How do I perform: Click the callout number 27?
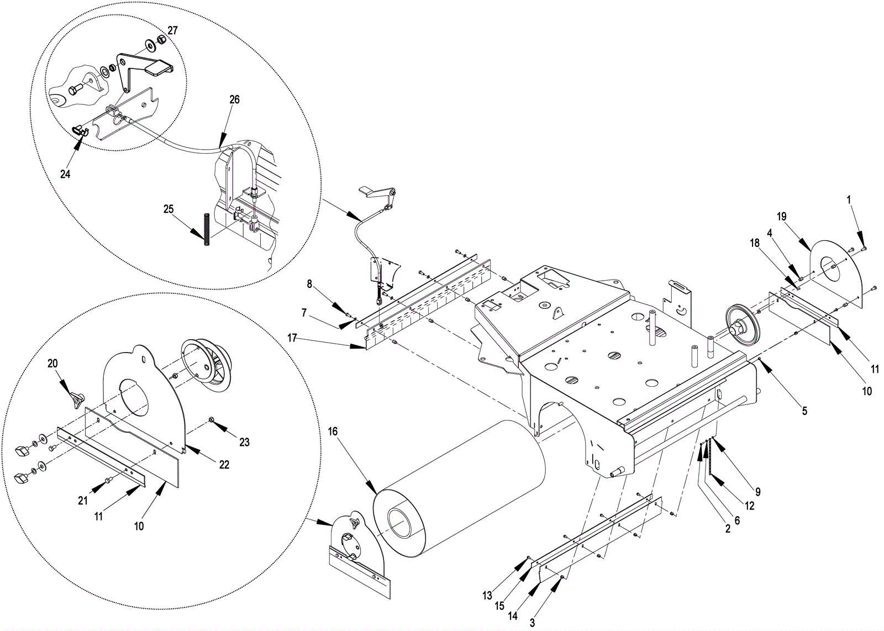[x=173, y=30]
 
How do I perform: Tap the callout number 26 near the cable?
[x=234, y=99]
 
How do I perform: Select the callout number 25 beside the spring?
[x=169, y=209]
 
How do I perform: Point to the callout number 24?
[x=66, y=174]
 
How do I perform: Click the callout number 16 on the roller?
[x=333, y=432]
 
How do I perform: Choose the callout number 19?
[x=781, y=217]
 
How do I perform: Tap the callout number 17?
[x=292, y=338]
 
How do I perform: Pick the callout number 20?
[x=52, y=364]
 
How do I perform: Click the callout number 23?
[x=245, y=443]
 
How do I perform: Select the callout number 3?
[x=532, y=623]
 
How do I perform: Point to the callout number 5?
[x=804, y=411]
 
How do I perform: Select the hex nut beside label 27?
[x=161, y=40]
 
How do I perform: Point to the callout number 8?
[x=309, y=284]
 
